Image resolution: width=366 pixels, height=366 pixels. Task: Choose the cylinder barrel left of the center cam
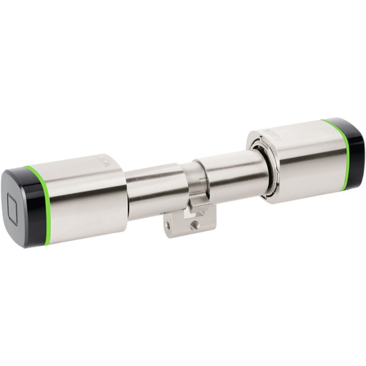pyautogui.click(x=154, y=192)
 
